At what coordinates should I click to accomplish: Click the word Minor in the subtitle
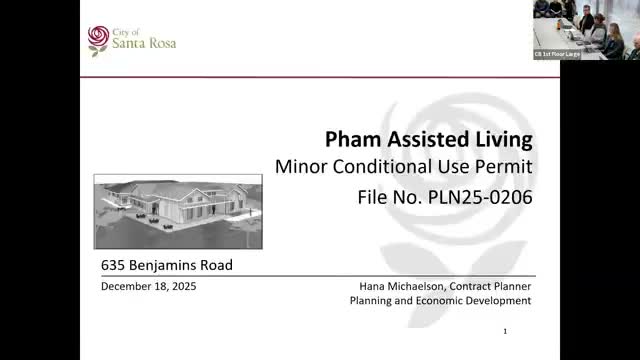coord(299,166)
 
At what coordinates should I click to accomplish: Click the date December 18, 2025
coord(149,286)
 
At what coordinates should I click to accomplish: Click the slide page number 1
coord(506,331)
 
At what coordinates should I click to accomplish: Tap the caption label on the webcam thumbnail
coord(557,54)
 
